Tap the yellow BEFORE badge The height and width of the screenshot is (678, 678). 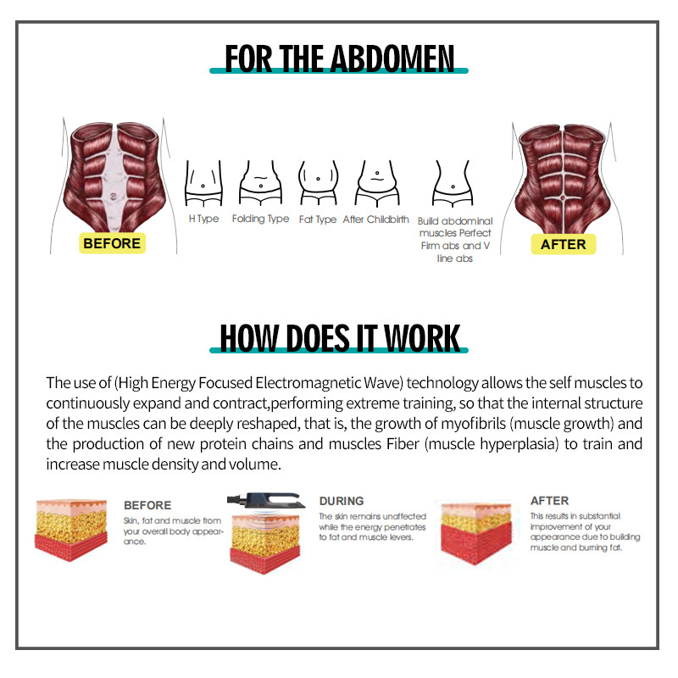tap(112, 243)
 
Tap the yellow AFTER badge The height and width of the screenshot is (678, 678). tap(564, 243)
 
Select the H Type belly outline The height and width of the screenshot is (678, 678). tap(203, 183)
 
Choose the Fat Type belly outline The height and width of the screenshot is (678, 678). tap(318, 183)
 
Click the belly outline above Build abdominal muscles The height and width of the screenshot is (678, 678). tap(453, 183)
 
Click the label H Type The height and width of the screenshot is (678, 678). tap(203, 220)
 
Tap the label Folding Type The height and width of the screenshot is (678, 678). tap(260, 220)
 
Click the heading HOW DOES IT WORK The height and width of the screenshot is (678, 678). tap(339, 336)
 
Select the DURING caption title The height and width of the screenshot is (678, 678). tap(342, 501)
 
